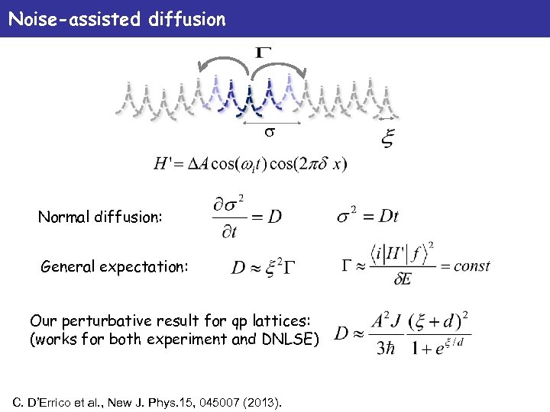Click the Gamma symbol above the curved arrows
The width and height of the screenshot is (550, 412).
coord(263,53)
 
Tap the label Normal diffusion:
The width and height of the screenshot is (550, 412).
coord(100,217)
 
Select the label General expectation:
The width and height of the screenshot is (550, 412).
coord(111,266)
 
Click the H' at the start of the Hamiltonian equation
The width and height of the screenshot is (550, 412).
coord(163,164)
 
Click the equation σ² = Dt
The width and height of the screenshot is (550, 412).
coord(367,215)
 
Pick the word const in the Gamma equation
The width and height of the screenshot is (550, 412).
coord(471,266)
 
